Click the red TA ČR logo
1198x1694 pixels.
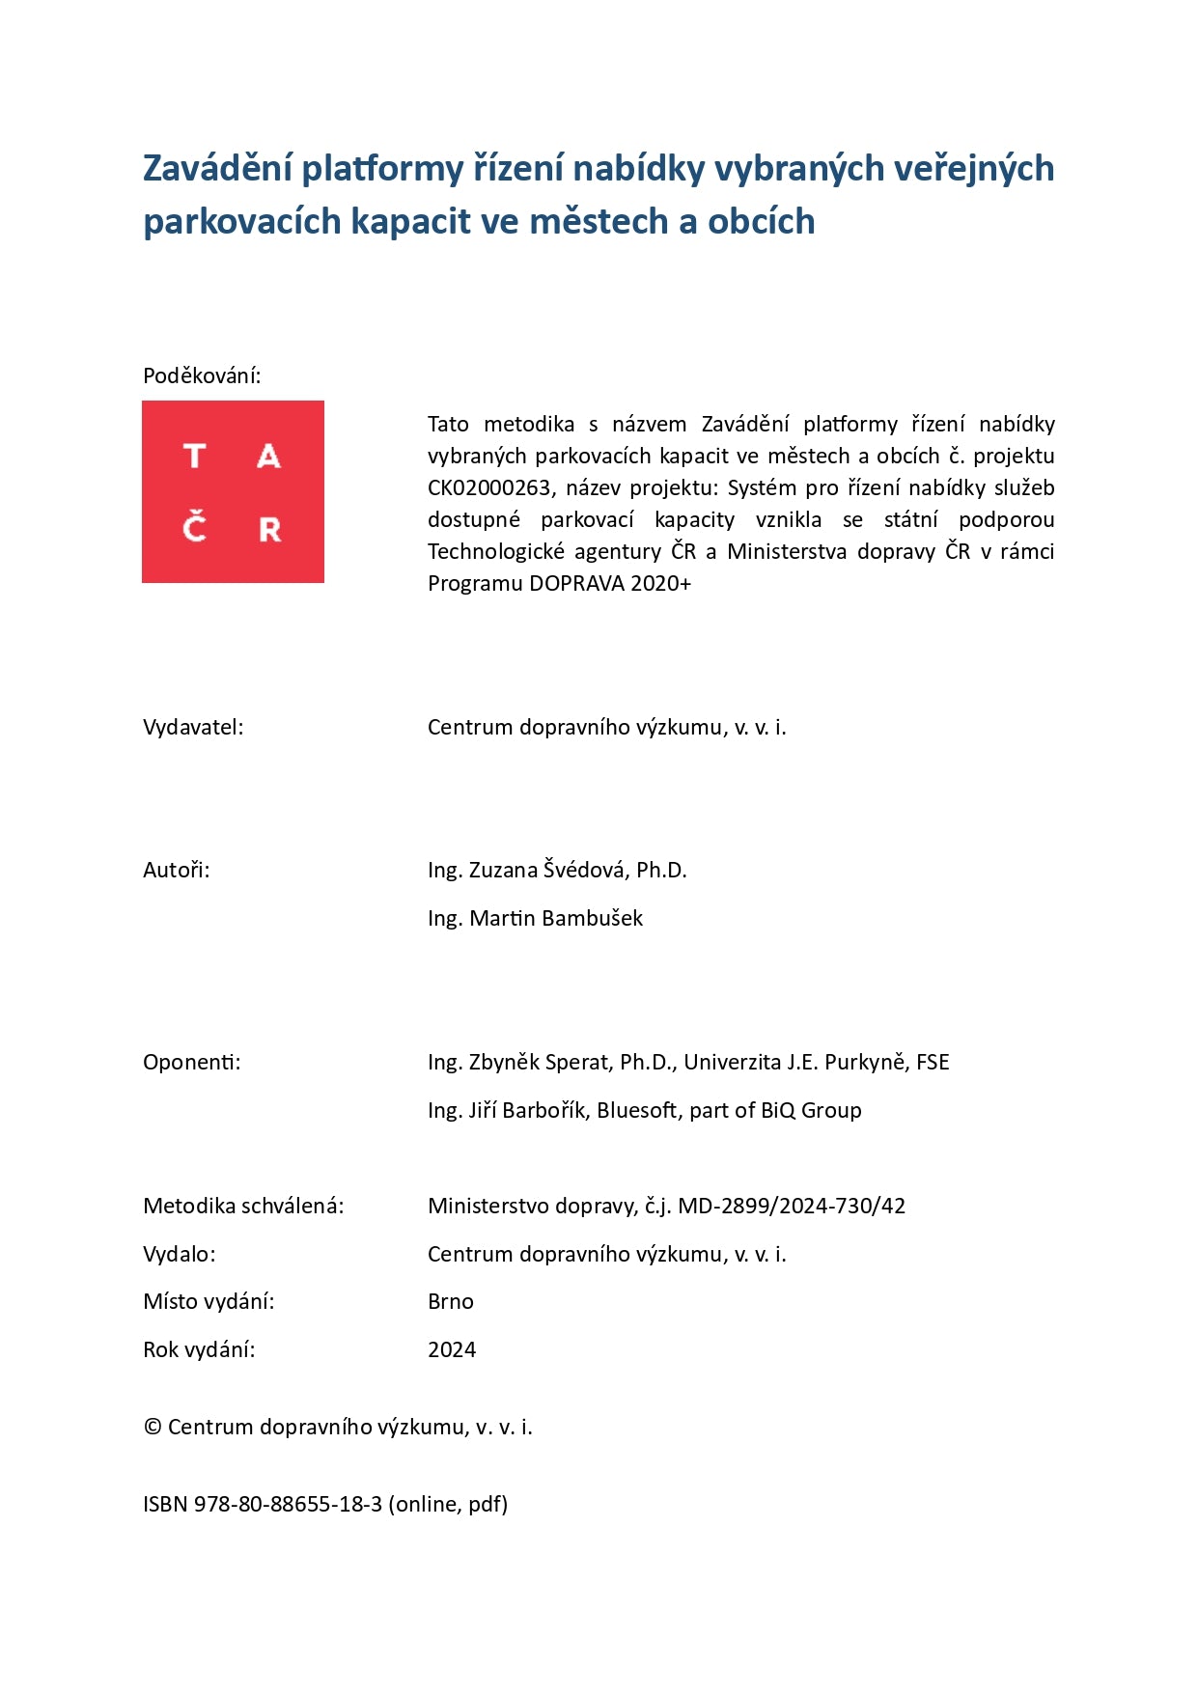coord(233,491)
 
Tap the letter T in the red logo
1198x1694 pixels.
coord(194,456)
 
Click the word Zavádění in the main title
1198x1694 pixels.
coord(217,168)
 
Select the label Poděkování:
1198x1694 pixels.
coord(202,375)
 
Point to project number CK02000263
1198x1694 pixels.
coord(489,487)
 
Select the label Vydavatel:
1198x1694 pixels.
coord(193,727)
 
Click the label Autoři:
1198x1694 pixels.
coord(176,870)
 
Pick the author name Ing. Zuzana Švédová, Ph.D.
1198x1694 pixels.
coord(557,870)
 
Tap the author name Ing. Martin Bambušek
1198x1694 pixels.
coord(535,918)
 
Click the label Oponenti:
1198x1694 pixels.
coord(192,1062)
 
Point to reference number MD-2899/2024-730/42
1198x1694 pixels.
coord(792,1206)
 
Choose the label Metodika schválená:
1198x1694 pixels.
coord(243,1206)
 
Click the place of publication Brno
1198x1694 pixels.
coord(451,1301)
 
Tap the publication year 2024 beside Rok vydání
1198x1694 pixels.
coord(452,1349)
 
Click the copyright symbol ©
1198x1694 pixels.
coord(153,1427)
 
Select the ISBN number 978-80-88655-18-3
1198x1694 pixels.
coord(288,1504)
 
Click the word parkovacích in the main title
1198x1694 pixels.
coord(241,222)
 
